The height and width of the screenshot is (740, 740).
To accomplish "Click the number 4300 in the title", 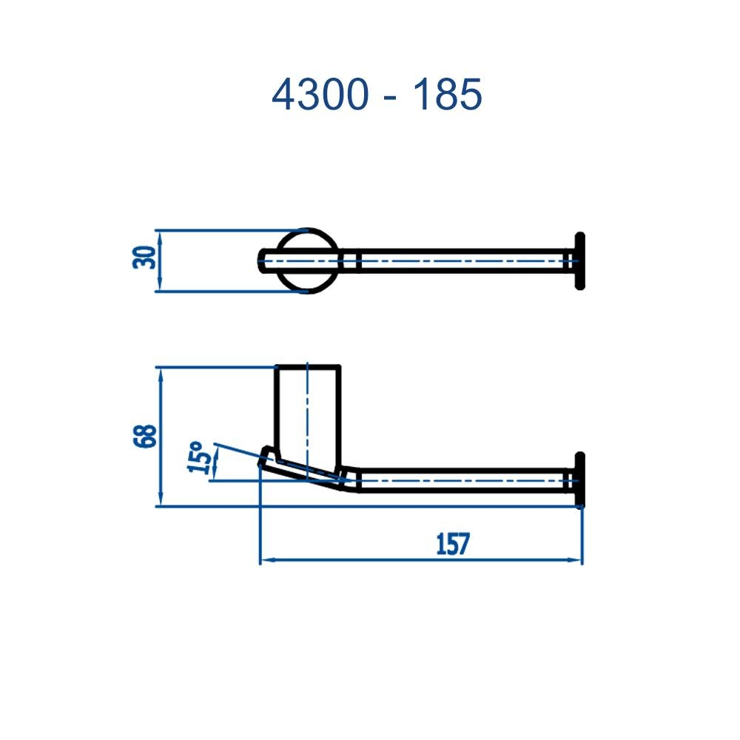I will tap(320, 95).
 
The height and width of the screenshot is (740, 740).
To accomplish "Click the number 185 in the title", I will tap(447, 95).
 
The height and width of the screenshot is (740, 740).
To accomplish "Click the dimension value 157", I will tap(452, 544).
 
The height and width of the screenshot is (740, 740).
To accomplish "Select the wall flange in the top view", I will tap(579, 260).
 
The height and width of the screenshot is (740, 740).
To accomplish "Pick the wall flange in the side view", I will tap(579, 480).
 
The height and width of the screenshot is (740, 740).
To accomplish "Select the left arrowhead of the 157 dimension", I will tap(265, 561).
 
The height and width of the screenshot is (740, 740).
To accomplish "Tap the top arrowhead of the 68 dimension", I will tap(161, 371).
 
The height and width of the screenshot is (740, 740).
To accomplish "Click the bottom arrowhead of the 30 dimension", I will tap(161, 287).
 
